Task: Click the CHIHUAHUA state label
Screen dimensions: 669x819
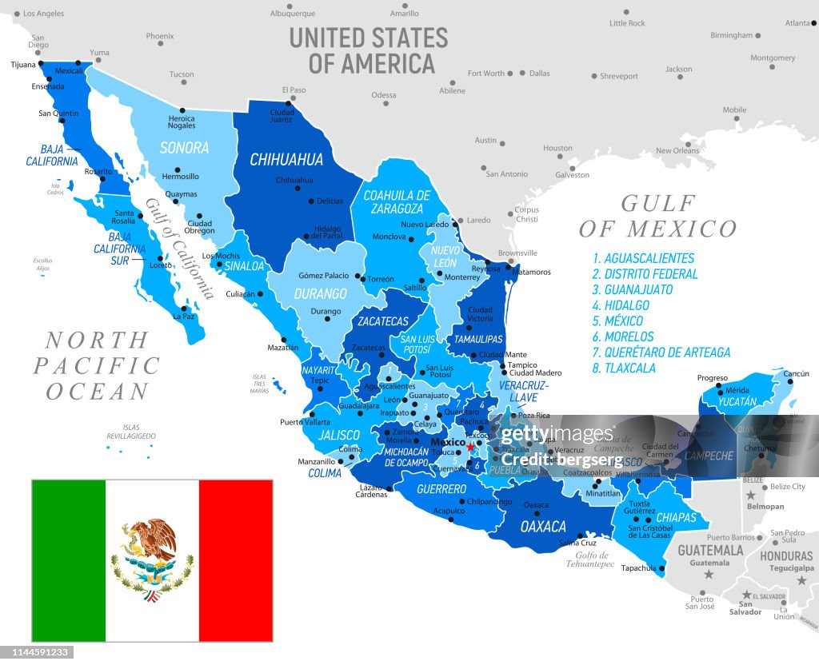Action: click(x=286, y=160)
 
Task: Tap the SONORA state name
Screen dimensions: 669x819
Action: click(x=184, y=148)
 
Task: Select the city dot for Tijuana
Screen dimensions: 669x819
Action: click(x=39, y=64)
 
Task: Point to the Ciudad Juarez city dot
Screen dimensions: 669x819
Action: click(x=291, y=102)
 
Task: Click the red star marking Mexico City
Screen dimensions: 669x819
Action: click(x=470, y=447)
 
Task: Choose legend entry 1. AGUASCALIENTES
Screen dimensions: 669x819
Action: click(x=643, y=258)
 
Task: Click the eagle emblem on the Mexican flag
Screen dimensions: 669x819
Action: click(x=152, y=559)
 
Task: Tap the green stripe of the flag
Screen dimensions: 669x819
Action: click(x=68, y=560)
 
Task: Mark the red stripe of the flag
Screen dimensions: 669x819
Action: click(x=236, y=560)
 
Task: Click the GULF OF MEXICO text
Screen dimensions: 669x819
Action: click(x=657, y=217)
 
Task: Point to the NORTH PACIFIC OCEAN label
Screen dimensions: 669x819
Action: click(x=96, y=365)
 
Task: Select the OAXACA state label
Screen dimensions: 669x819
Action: click(x=543, y=527)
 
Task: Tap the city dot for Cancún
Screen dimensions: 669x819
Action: click(x=790, y=382)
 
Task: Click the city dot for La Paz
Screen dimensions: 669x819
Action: click(x=184, y=309)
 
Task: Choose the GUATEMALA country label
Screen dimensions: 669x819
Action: click(x=710, y=551)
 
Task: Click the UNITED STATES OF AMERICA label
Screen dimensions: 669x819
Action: click(x=369, y=50)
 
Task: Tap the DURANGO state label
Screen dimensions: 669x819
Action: click(x=320, y=294)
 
